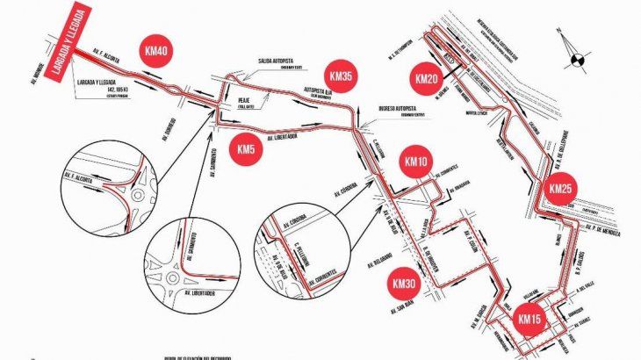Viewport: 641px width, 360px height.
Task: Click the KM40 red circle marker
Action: (x=158, y=51)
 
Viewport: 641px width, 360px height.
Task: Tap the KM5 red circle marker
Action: (x=248, y=149)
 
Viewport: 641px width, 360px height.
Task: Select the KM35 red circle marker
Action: (x=338, y=76)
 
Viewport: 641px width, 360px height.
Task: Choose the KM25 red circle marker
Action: (x=560, y=189)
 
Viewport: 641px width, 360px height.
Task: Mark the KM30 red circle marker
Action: (x=404, y=284)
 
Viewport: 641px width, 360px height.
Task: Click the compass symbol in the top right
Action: (x=576, y=59)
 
